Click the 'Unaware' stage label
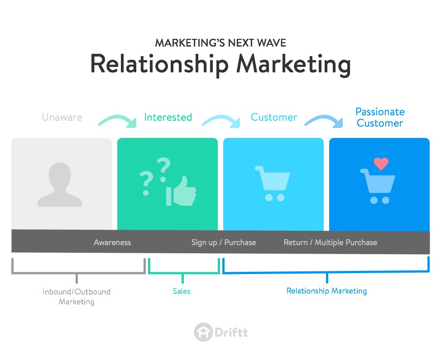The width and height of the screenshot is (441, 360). (x=62, y=118)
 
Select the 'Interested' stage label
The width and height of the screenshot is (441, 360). (x=168, y=118)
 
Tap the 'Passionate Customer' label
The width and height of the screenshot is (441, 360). (x=380, y=117)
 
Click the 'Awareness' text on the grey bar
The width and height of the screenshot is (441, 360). (x=112, y=242)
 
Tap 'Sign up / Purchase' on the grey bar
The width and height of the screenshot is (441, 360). (x=224, y=242)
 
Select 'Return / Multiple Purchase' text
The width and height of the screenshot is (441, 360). (x=331, y=242)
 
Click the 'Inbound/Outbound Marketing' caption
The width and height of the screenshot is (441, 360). (x=77, y=297)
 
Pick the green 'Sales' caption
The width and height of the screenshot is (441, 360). (x=182, y=291)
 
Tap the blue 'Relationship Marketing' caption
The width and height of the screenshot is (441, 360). (x=326, y=291)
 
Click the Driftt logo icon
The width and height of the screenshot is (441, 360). (x=203, y=332)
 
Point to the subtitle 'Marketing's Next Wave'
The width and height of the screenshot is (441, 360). (x=220, y=43)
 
